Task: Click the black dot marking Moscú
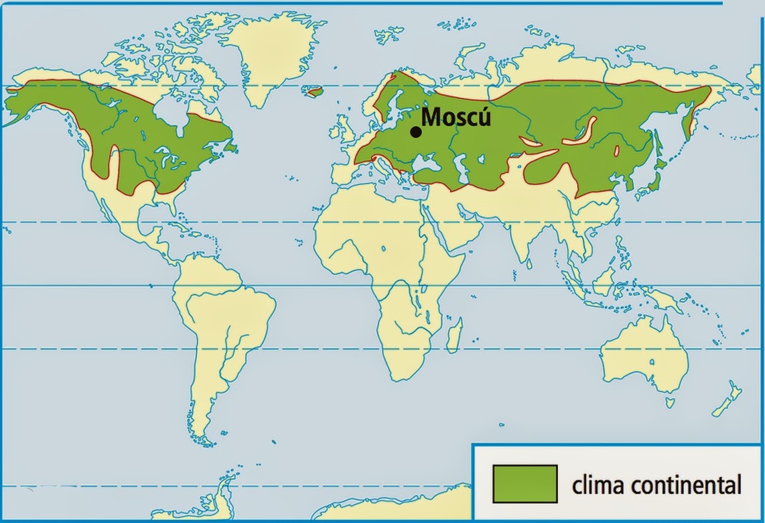tap(416, 132)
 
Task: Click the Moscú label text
tap(457, 117)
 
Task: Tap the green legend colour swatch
tap(525, 483)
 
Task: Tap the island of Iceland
tap(313, 91)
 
